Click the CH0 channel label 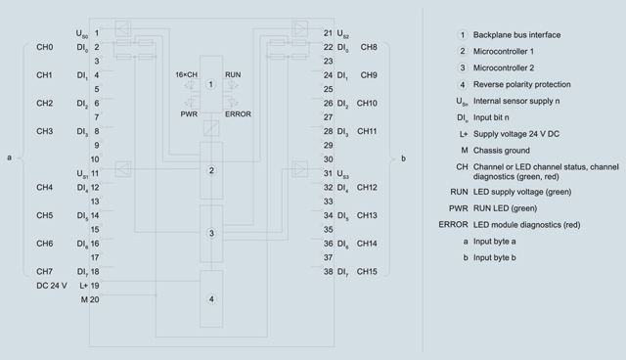(44, 47)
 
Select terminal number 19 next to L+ (95, 286)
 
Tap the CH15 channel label (367, 271)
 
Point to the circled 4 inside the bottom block (211, 299)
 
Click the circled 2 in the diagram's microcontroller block (211, 170)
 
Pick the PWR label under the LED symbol (189, 114)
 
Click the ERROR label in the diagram (238, 114)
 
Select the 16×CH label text (187, 74)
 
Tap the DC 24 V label (52, 286)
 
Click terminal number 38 (329, 271)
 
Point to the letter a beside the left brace (9, 157)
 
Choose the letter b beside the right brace (403, 158)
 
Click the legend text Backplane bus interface (516, 35)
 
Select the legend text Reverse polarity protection (521, 84)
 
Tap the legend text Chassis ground (502, 151)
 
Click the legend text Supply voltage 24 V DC (516, 134)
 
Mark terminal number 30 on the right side (329, 159)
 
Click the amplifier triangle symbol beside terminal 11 (123, 169)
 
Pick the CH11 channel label (367, 131)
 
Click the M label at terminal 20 (84, 299)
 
